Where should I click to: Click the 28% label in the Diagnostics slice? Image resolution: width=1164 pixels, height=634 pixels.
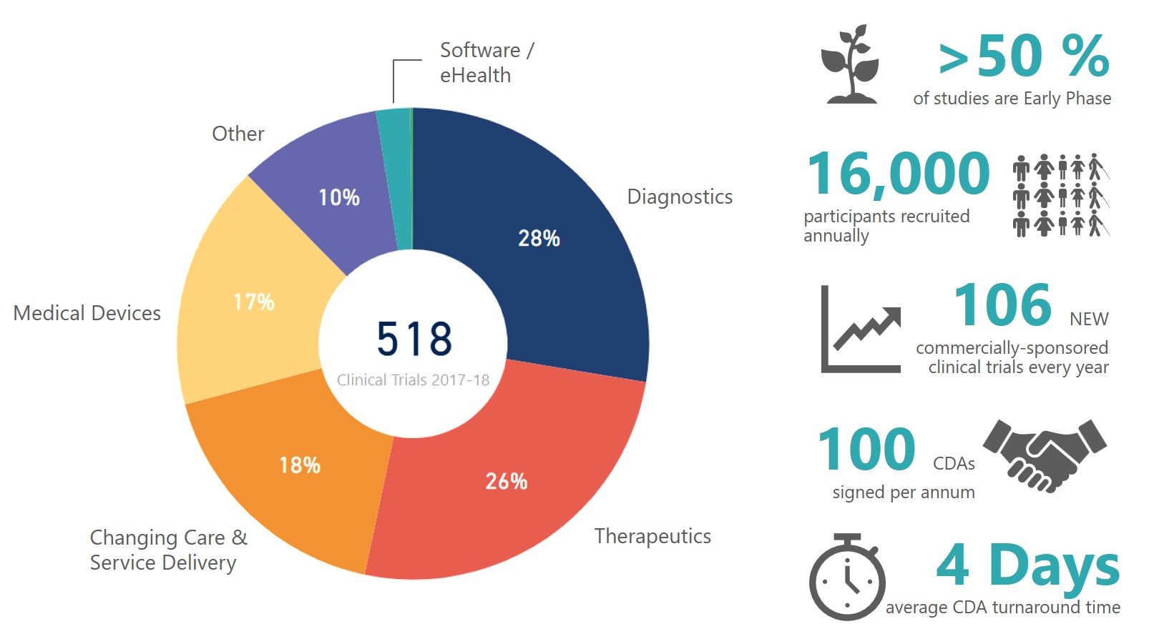point(539,238)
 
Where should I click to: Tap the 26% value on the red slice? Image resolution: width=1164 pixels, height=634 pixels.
point(506,481)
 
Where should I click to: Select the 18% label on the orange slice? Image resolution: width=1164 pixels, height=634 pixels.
point(299,465)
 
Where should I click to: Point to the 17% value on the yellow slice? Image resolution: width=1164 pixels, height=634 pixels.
point(253,302)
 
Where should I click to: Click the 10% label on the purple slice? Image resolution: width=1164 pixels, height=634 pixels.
point(338,197)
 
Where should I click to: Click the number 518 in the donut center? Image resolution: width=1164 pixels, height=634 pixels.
point(414,339)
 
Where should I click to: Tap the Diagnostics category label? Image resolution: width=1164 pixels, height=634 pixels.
point(680,197)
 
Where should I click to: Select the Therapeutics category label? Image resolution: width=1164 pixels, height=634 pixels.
point(652,536)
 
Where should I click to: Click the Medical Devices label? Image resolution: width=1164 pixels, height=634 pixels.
point(87,313)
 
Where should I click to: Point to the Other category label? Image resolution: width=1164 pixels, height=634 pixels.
point(238,134)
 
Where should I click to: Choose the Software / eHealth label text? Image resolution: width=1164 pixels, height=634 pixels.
point(486,62)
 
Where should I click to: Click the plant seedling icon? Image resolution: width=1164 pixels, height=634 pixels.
point(850,64)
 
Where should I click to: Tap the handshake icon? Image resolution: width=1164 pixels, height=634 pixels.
point(1045,455)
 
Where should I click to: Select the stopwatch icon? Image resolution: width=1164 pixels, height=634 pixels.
point(847,578)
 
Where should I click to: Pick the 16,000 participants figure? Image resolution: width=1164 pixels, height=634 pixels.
point(898,174)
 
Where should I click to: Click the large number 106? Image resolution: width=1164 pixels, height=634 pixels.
point(1002,305)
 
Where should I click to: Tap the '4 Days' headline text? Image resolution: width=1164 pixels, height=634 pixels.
point(1027,565)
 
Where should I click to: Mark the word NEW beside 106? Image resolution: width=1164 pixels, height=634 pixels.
point(1089,319)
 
